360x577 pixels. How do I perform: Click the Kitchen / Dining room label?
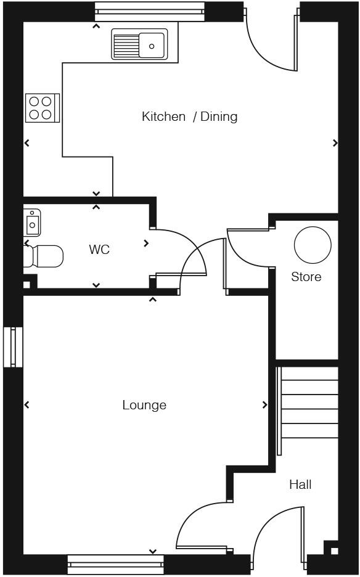(189, 117)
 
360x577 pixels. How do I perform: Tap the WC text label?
(99, 250)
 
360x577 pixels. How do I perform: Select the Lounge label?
(144, 405)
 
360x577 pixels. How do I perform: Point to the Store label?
(306, 277)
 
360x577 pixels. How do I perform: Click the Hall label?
(300, 485)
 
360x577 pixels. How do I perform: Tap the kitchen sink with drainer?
(139, 44)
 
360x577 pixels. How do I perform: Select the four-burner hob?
(42, 108)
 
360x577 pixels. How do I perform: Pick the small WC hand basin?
(32, 222)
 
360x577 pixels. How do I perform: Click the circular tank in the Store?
(313, 245)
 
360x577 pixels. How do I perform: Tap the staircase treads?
(309, 409)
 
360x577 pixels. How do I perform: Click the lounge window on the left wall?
(13, 347)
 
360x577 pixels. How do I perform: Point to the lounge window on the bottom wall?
(116, 563)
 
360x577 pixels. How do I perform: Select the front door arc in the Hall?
(271, 524)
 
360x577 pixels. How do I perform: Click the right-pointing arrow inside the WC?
(146, 243)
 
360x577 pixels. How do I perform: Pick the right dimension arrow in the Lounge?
(264, 405)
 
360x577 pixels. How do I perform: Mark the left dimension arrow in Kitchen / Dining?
(27, 143)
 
